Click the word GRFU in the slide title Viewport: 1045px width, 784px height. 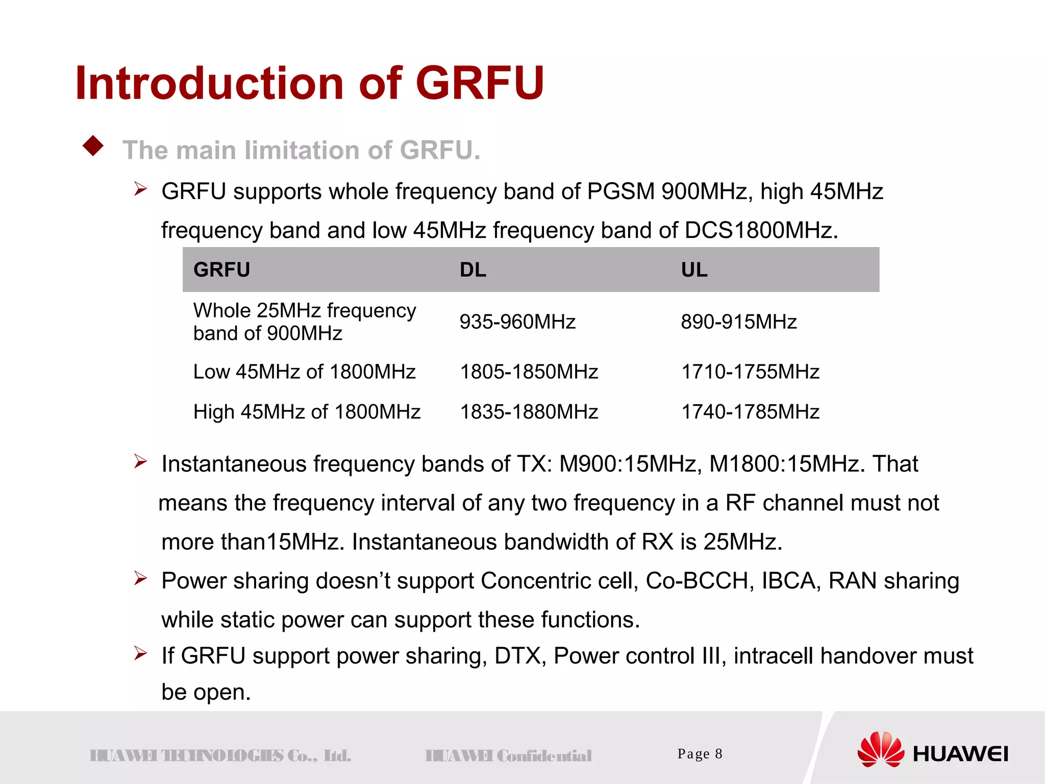(480, 83)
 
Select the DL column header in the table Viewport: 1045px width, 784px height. (473, 270)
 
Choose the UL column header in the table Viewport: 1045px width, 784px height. (694, 270)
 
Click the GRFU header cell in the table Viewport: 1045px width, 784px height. (222, 270)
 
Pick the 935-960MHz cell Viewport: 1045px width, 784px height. (517, 322)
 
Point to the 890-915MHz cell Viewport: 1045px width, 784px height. (739, 322)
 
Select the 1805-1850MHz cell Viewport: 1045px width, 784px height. (529, 372)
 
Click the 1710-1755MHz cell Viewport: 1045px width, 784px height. (751, 372)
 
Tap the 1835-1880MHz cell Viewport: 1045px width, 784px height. (529, 412)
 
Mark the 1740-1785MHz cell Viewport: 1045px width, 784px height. (751, 412)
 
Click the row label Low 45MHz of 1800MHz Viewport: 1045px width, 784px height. (305, 372)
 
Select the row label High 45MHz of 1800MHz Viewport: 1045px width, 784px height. (307, 412)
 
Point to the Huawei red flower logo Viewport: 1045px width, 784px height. (881, 750)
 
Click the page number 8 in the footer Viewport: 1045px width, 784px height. (718, 754)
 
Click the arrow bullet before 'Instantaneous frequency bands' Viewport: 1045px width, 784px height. (140, 462)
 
